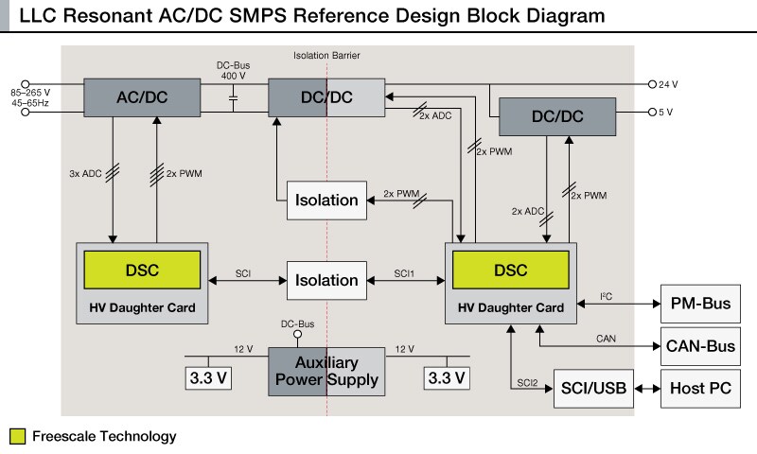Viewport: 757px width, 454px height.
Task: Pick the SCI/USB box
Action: (592, 388)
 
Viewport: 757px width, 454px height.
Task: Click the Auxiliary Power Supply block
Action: (326, 371)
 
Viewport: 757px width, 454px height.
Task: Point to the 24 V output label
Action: (669, 83)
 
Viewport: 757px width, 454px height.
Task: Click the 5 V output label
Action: (666, 112)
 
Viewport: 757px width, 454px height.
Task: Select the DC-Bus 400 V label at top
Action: (233, 69)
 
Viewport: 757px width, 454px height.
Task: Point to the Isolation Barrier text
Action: (327, 56)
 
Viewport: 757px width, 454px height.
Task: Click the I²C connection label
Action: (607, 297)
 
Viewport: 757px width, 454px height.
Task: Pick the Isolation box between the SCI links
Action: (326, 280)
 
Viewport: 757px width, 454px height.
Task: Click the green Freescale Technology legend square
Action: (16, 437)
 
